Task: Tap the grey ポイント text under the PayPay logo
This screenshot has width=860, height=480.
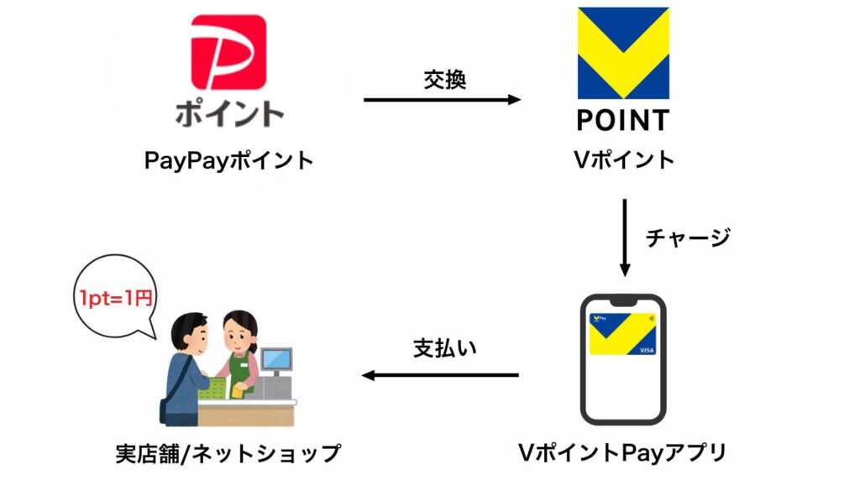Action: coord(229,113)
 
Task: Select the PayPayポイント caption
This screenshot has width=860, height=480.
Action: coord(229,160)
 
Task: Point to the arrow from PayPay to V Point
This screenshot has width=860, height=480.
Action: coord(442,100)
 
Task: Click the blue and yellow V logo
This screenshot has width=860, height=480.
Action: coord(622,53)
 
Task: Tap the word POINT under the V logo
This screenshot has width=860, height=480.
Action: coord(622,120)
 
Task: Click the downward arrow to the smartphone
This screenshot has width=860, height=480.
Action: coord(624,237)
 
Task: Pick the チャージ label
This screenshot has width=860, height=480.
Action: coord(688,237)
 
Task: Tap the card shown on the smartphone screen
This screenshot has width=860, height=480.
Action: coord(622,333)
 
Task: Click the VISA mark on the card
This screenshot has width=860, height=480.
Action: coord(647,349)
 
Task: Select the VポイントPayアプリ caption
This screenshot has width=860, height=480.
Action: coord(622,454)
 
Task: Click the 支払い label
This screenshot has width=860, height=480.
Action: coord(444,348)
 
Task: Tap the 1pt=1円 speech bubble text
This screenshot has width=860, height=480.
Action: coord(117,297)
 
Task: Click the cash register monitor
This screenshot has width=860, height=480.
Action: coord(275,360)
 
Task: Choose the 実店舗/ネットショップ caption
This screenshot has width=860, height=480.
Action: coord(228,454)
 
